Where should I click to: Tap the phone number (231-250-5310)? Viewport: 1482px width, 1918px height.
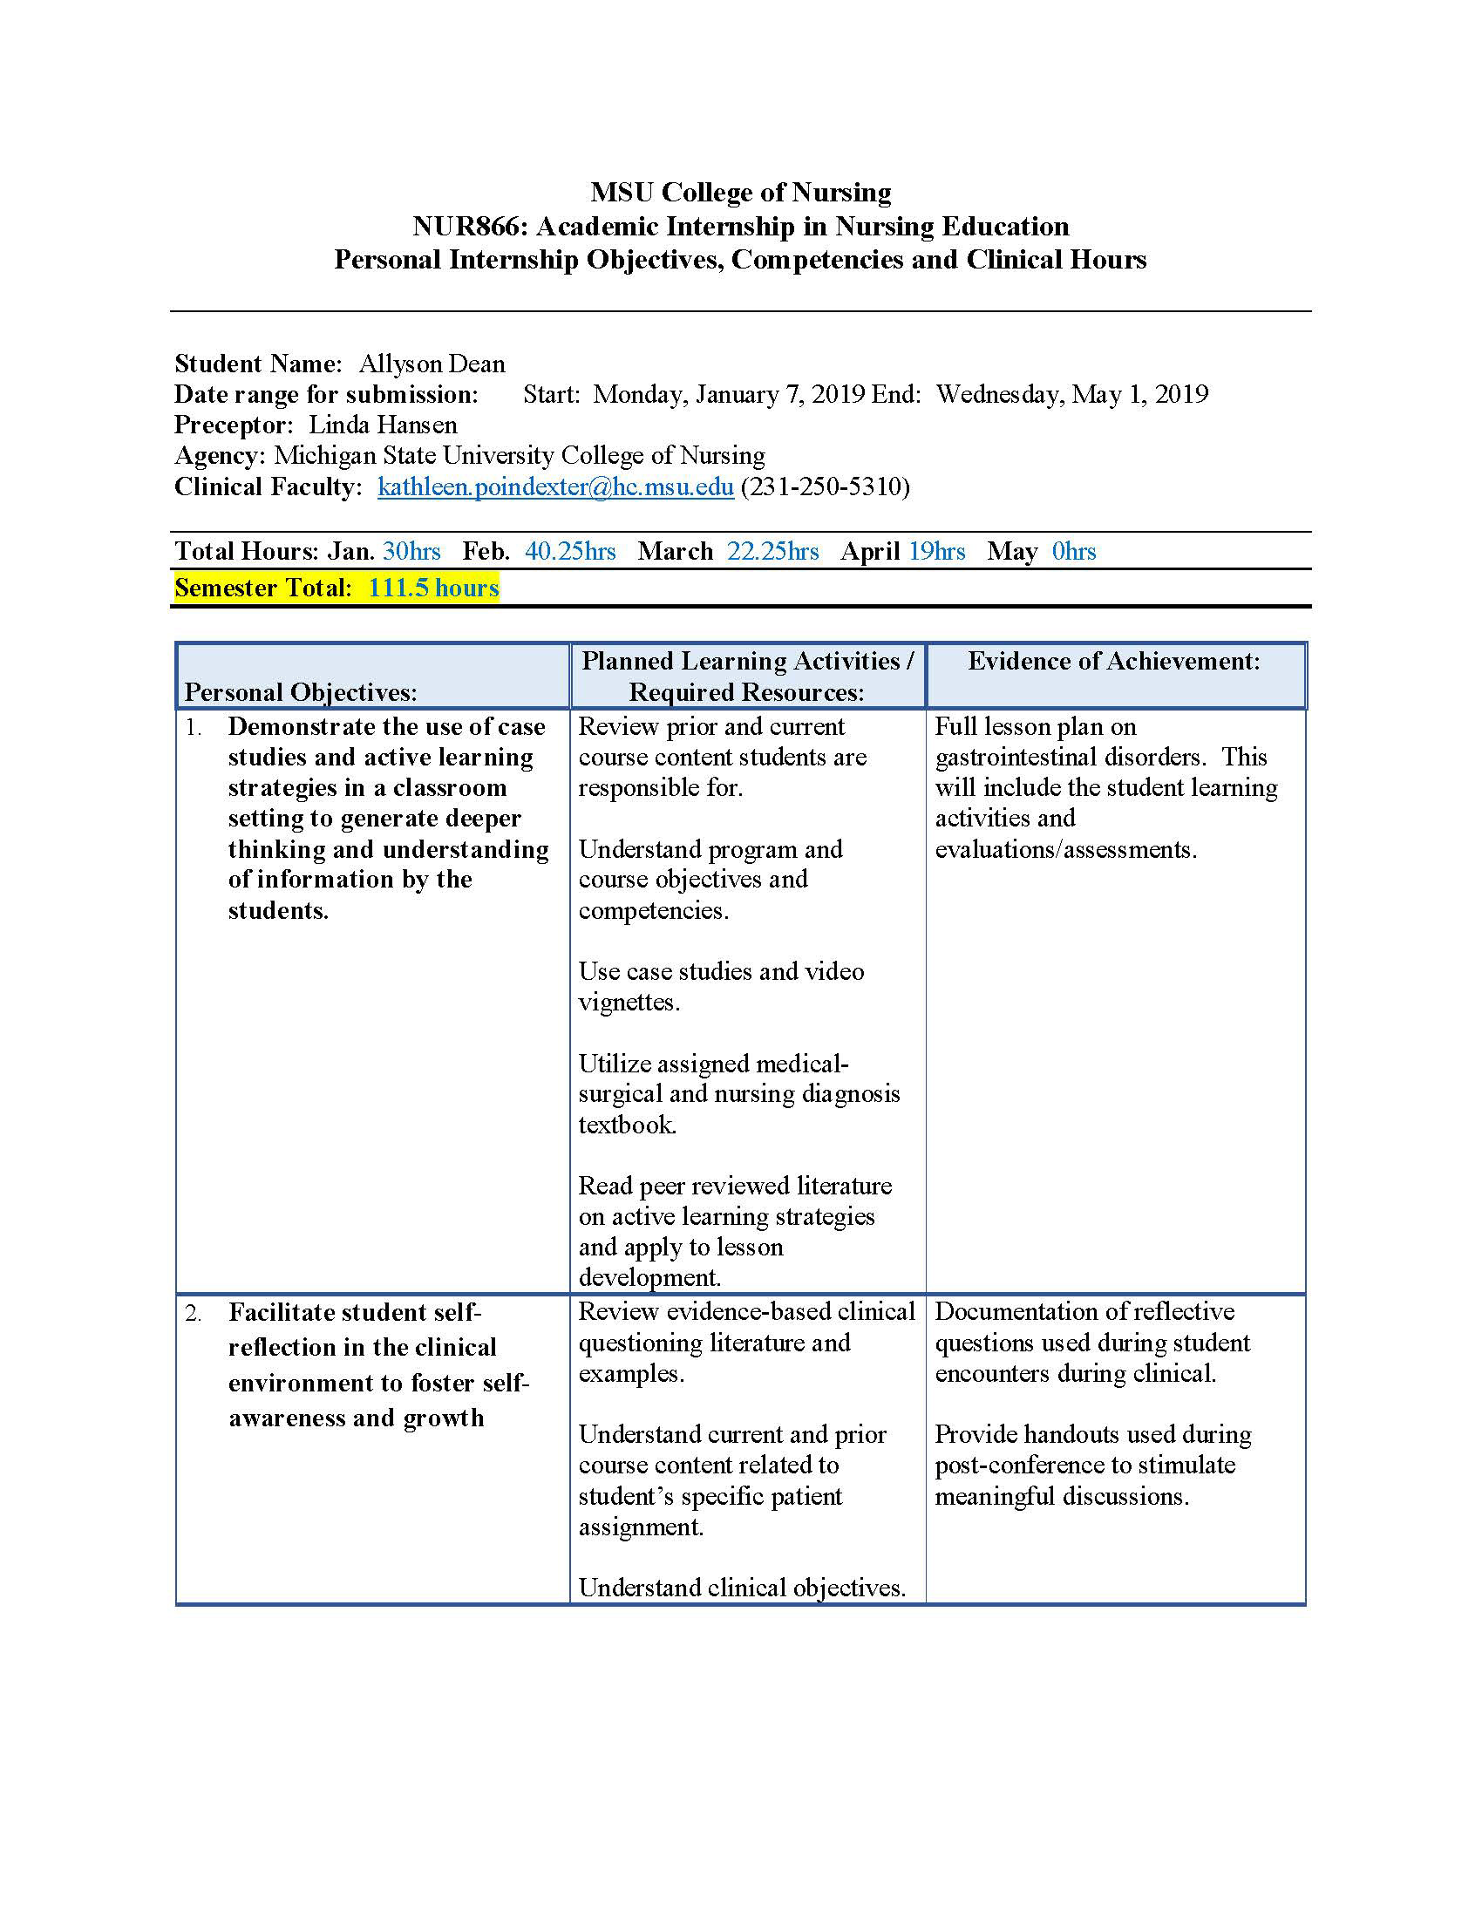pos(826,486)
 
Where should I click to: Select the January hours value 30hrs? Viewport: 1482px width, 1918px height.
pos(411,552)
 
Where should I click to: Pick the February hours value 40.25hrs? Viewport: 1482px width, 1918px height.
pos(571,552)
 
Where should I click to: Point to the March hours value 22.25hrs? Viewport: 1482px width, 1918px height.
pos(772,552)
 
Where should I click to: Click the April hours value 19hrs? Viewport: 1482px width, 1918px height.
pos(937,552)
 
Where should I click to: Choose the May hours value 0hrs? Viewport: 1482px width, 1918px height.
pos(1074,552)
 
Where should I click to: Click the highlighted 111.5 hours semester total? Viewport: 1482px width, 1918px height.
pos(434,588)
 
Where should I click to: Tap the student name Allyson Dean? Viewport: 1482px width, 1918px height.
pos(432,364)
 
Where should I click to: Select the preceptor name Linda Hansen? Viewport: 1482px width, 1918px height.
pos(383,425)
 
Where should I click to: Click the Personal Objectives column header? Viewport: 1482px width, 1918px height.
pos(300,692)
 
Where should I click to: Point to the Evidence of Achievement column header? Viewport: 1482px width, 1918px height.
pos(1113,662)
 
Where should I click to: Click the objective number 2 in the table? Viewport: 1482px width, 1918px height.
pos(193,1314)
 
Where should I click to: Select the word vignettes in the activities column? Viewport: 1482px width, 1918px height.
pos(629,1002)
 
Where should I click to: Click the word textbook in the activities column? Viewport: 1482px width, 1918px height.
pos(627,1125)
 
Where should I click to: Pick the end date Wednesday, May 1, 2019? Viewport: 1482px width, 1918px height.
pos(1072,394)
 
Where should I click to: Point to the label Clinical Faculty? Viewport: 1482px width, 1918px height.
pos(268,486)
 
